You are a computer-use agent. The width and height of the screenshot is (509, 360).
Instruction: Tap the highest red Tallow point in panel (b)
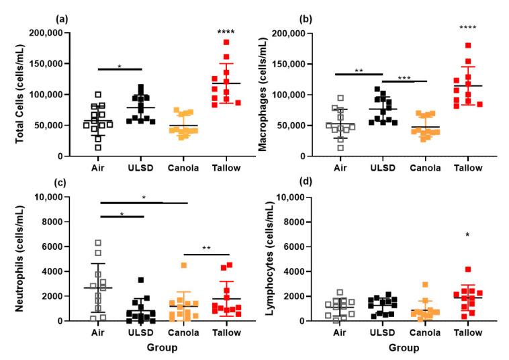pos(468,46)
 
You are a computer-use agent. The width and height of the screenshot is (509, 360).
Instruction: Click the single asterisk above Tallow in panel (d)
pos(468,236)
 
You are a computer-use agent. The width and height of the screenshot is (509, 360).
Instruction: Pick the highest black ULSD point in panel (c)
pos(142,280)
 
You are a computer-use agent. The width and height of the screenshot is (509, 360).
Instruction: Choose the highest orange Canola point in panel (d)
pos(425,285)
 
